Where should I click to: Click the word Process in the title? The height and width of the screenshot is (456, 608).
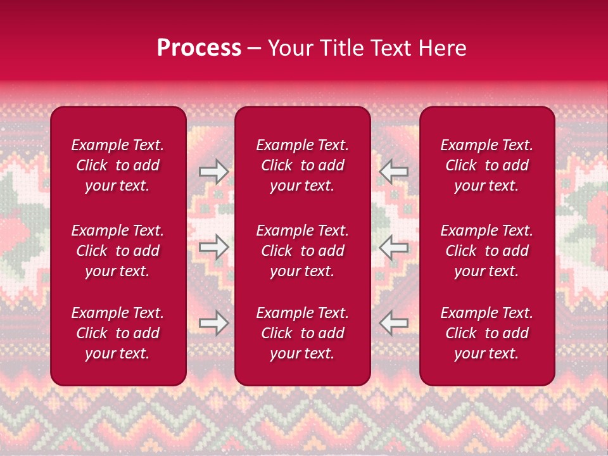pyautogui.click(x=199, y=48)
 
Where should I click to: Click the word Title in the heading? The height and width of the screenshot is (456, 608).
pyautogui.click(x=339, y=48)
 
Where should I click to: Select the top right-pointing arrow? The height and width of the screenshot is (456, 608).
pyautogui.click(x=213, y=172)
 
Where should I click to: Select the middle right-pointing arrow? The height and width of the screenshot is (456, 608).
pyautogui.click(x=213, y=247)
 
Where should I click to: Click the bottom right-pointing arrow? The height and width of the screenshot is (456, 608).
pyautogui.click(x=213, y=323)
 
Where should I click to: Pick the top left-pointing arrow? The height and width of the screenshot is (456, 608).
pyautogui.click(x=393, y=172)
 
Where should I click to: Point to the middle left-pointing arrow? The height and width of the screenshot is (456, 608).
pyautogui.click(x=393, y=247)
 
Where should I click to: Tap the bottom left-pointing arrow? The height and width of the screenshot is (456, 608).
pyautogui.click(x=393, y=323)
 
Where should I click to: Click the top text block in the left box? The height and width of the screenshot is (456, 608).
pyautogui.click(x=118, y=165)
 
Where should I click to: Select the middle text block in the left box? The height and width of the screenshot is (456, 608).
pyautogui.click(x=118, y=251)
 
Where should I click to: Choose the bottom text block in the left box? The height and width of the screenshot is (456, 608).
pyautogui.click(x=118, y=333)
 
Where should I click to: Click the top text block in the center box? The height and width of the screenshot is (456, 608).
pyautogui.click(x=302, y=165)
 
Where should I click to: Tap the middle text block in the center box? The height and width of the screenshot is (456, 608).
pyautogui.click(x=302, y=251)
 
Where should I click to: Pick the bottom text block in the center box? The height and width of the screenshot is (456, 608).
pyautogui.click(x=302, y=333)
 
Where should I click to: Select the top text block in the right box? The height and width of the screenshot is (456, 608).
pyautogui.click(x=486, y=165)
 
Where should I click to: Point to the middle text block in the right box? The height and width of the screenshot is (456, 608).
pyautogui.click(x=486, y=251)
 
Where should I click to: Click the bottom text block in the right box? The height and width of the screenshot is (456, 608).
pyautogui.click(x=486, y=333)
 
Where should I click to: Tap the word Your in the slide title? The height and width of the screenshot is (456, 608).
pyautogui.click(x=290, y=48)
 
